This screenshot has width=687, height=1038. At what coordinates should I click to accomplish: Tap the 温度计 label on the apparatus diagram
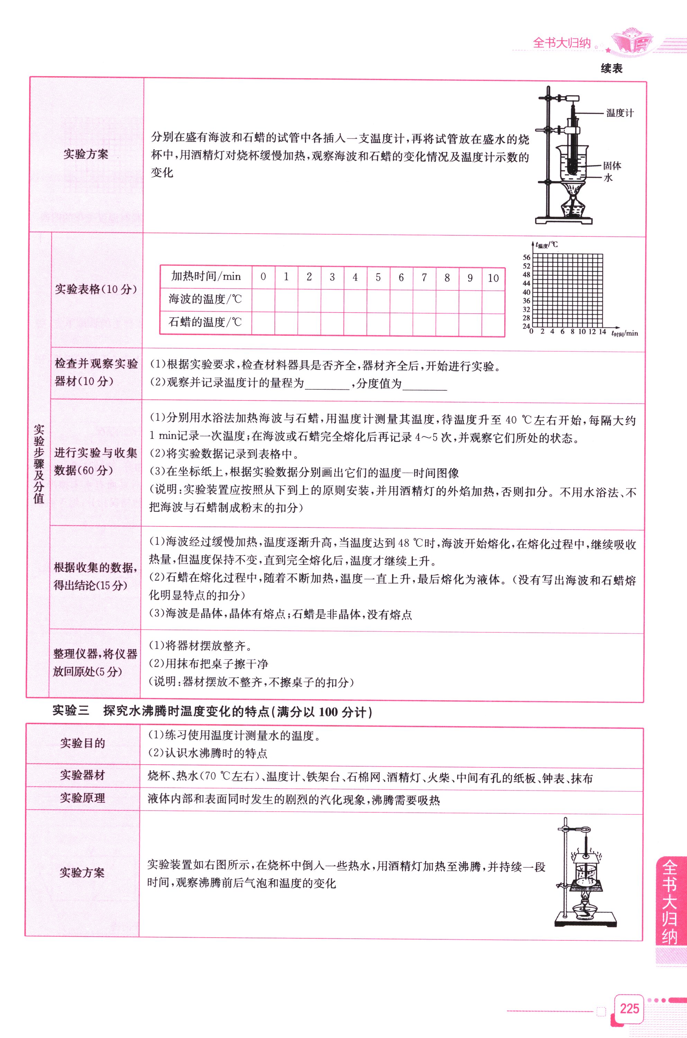tap(620, 113)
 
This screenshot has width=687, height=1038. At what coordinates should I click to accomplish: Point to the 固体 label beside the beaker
tap(612, 166)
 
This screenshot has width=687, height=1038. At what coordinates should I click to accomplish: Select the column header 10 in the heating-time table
tap(493, 278)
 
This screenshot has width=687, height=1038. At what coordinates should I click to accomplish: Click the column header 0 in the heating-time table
tap(263, 277)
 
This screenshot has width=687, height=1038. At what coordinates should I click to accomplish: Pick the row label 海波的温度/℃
tap(205, 300)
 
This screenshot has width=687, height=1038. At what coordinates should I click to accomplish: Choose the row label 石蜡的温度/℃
tap(205, 323)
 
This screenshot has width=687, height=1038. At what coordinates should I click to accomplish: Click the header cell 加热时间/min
tap(206, 277)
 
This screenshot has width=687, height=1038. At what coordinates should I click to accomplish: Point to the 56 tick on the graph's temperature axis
tap(526, 258)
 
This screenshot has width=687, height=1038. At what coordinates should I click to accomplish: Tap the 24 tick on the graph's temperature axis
tap(526, 326)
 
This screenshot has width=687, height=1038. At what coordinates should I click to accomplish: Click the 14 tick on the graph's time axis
tap(603, 332)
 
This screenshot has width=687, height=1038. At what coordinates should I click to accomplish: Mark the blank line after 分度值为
tap(424, 385)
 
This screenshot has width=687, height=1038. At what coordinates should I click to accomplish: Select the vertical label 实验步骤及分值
tap(39, 464)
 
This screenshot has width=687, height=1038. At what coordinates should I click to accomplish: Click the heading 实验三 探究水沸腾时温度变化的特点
tap(212, 711)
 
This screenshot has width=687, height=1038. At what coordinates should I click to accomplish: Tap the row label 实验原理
tap(82, 797)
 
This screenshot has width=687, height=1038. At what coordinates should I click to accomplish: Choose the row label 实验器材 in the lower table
tap(82, 775)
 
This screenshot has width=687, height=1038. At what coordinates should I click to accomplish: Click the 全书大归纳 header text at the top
tap(562, 43)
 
